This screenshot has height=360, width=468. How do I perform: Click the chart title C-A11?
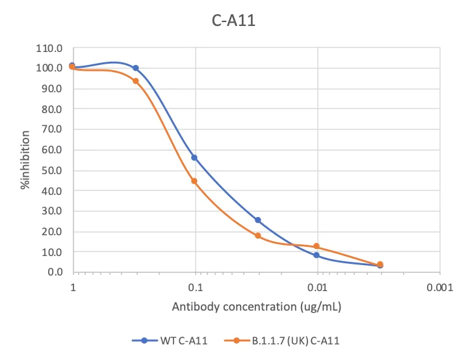click(235, 21)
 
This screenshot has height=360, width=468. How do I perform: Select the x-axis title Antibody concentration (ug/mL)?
click(257, 305)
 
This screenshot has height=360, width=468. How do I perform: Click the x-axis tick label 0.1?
click(195, 287)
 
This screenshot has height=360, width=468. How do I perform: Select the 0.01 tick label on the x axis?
click(318, 287)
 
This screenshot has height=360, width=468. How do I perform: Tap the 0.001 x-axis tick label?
click(440, 287)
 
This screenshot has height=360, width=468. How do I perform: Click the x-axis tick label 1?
click(73, 287)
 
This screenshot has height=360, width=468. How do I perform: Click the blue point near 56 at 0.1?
click(194, 158)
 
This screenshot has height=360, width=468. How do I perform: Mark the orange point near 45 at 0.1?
click(194, 181)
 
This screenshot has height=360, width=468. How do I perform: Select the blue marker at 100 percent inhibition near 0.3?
click(136, 68)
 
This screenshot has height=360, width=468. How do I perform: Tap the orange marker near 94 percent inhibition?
click(136, 81)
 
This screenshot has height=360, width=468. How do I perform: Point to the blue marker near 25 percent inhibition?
click(258, 220)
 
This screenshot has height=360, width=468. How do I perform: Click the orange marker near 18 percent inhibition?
click(258, 236)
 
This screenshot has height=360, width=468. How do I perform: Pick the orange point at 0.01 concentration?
click(317, 246)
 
